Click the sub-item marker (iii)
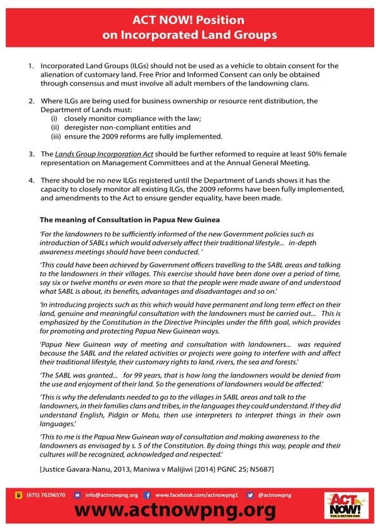(x=55, y=136)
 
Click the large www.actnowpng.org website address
(x=175, y=511)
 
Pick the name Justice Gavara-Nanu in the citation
(x=77, y=468)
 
